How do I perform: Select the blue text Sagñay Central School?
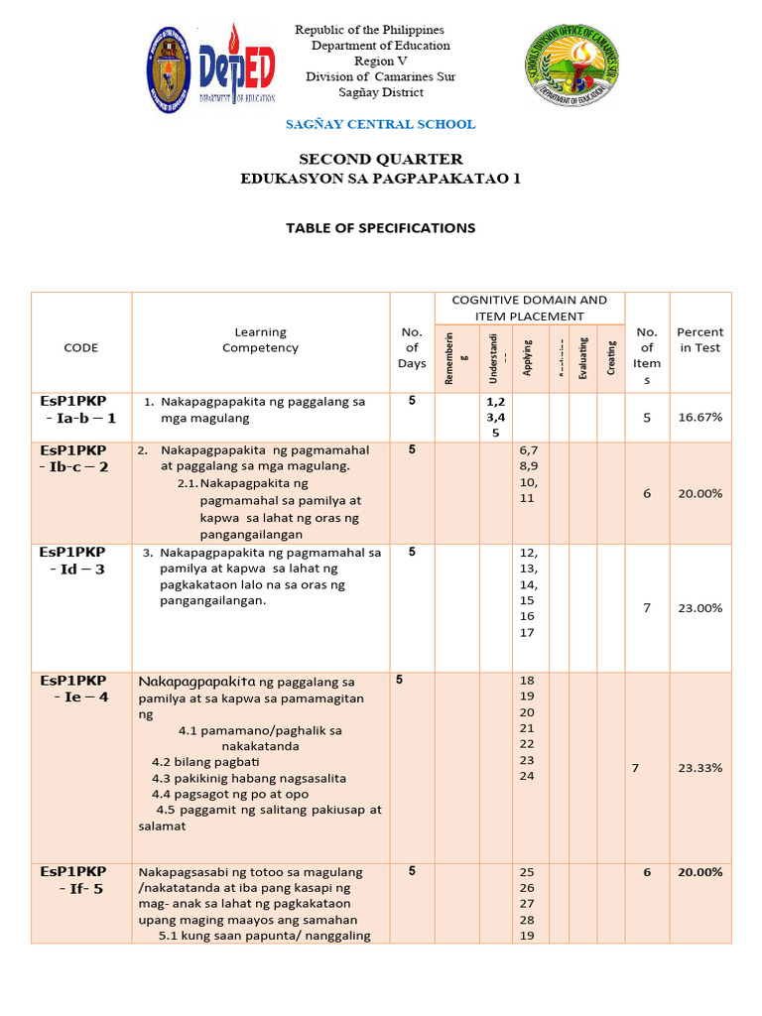pos(380,124)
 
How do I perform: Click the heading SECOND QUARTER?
pos(381,159)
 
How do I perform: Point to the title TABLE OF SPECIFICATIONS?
pos(380,228)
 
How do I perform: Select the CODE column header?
pos(81,347)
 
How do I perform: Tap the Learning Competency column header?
pos(260,339)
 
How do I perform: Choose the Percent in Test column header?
pos(699,339)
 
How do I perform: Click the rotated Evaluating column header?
pos(583,357)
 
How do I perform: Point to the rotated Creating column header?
pos(611,357)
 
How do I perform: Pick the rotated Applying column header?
pos(529,357)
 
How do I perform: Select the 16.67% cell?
pos(699,418)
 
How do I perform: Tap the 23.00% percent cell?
pos(699,608)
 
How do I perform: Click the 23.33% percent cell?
pos(699,768)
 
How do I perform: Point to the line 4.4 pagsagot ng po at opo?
pos(230,794)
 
